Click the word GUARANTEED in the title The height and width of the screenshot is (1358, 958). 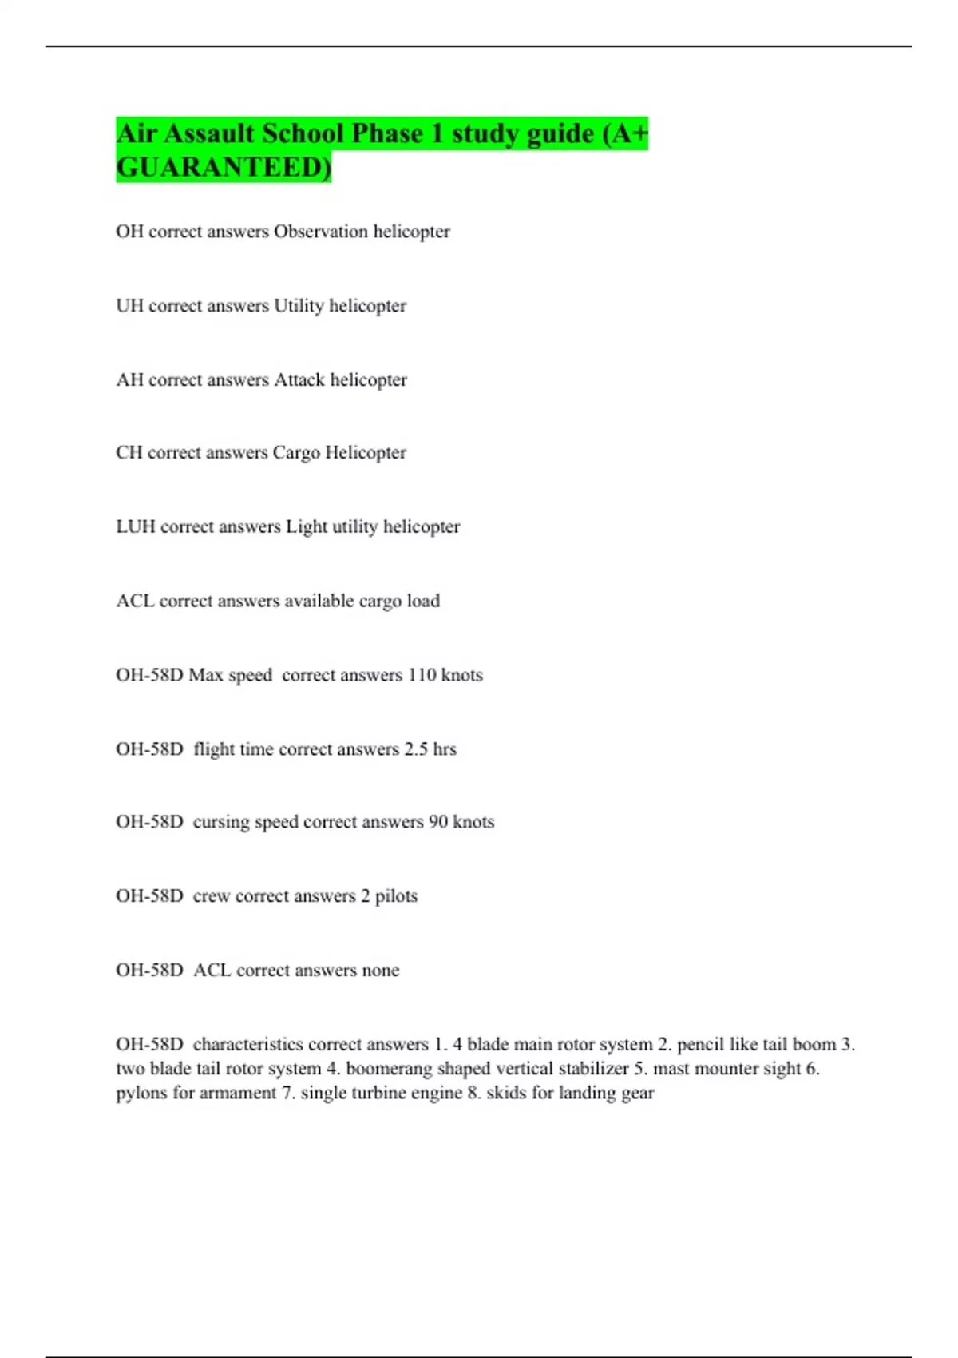tap(222, 168)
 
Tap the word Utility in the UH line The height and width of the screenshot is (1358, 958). tap(299, 306)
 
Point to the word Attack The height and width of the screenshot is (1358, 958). tap(299, 380)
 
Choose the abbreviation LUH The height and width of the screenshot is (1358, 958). tap(136, 527)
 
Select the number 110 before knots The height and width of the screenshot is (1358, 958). tap(422, 675)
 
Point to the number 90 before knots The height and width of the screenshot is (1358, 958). tap(438, 822)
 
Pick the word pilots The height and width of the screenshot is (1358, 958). tap(396, 896)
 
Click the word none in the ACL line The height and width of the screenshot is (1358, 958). tap(380, 971)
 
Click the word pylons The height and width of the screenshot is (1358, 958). tap(141, 1093)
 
